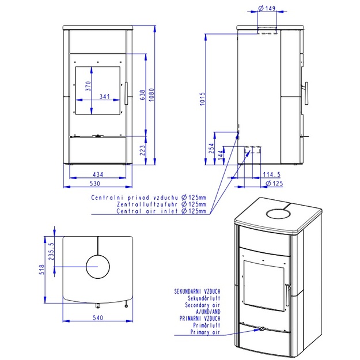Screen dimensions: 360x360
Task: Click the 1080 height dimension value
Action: pos(151,95)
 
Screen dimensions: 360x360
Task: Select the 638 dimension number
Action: pos(143,94)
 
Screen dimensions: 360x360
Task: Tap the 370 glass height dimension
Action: pos(88,86)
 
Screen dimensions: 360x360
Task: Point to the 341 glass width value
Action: pos(104,96)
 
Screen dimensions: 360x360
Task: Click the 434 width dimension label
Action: pos(98,175)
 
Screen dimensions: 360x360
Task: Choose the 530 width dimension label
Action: pos(95,183)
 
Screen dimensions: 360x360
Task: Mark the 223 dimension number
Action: pos(143,150)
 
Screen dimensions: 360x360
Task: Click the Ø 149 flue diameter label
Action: pos(267,8)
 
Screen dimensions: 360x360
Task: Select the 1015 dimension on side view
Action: pos(202,99)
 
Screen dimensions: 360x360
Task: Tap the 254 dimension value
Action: pos(211,148)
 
